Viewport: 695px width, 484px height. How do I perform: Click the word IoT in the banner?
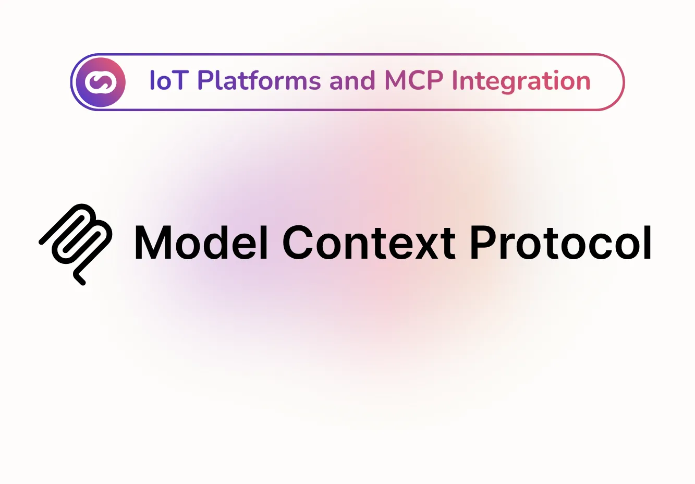tap(168, 81)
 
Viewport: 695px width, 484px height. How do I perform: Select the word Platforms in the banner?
tap(259, 81)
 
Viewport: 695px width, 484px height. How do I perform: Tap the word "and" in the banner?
tap(352, 81)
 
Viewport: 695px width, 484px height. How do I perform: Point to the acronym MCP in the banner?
tap(413, 81)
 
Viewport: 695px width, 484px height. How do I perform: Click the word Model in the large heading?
tap(201, 243)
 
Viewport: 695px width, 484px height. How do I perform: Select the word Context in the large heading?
tap(369, 243)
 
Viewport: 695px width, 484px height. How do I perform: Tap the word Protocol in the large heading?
tap(560, 243)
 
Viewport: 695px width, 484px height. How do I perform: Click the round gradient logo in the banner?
tap(100, 82)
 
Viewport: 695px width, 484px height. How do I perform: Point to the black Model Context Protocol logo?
tap(76, 244)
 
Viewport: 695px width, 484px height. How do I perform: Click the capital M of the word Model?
tap(153, 243)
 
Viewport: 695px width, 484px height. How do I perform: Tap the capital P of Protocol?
tap(483, 243)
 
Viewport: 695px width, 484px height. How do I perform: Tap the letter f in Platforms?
tap(249, 81)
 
